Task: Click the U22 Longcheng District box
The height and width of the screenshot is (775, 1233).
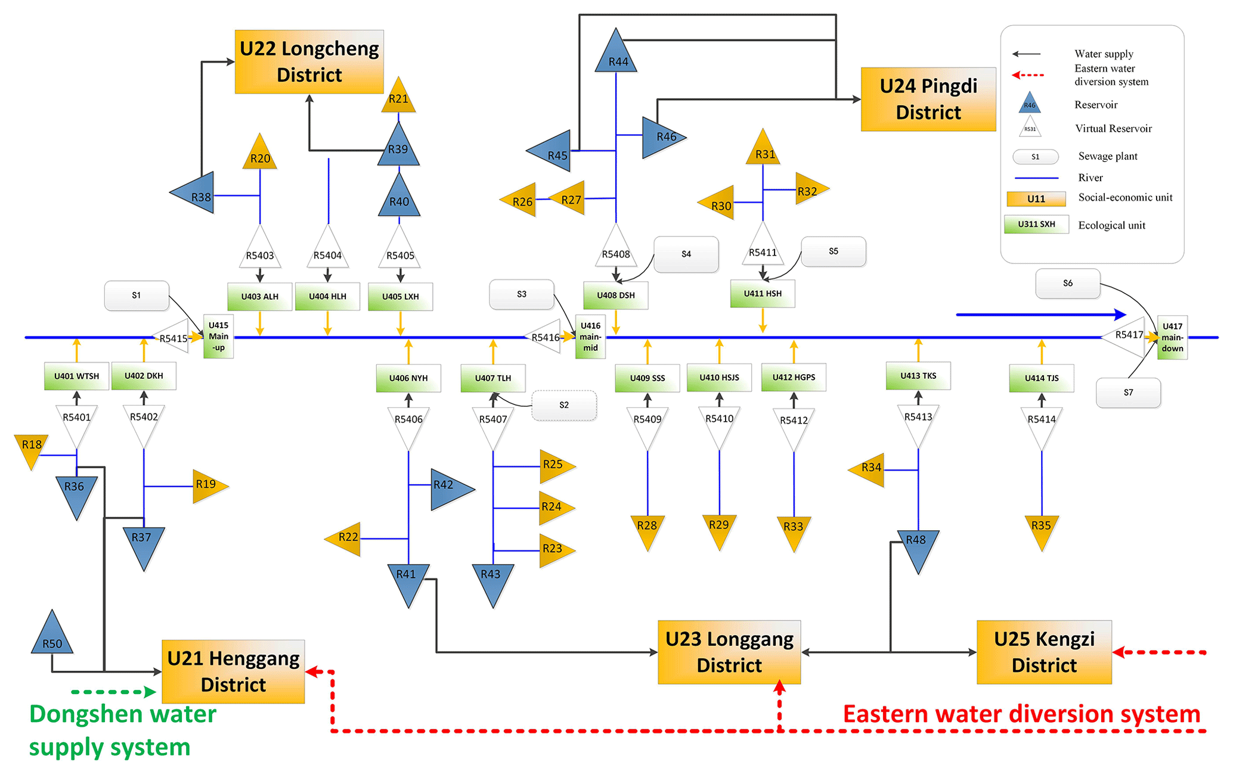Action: (x=309, y=62)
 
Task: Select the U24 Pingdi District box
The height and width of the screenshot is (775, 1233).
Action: (x=928, y=99)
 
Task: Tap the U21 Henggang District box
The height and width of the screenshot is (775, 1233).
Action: (x=233, y=671)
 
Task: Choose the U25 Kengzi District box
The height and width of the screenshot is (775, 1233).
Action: (x=1044, y=652)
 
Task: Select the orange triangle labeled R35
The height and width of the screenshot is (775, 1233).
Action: (x=1041, y=529)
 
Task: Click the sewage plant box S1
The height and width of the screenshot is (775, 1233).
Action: (x=137, y=295)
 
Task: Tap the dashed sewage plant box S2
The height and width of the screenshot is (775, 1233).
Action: (x=564, y=405)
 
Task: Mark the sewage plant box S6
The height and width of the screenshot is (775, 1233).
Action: (x=1067, y=284)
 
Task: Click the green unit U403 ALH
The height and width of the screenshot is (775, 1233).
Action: (x=260, y=297)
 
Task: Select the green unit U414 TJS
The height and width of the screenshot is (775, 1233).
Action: (x=1042, y=378)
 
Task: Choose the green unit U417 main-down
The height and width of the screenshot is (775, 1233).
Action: (x=1172, y=337)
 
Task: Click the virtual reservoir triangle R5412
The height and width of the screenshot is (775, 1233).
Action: (x=794, y=425)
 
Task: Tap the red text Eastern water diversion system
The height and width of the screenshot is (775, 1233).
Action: (x=1021, y=714)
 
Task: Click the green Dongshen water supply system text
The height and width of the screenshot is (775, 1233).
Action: (x=122, y=730)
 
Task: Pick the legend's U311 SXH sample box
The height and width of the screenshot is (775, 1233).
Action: (x=1036, y=225)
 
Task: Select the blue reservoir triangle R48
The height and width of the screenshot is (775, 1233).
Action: (x=917, y=547)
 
